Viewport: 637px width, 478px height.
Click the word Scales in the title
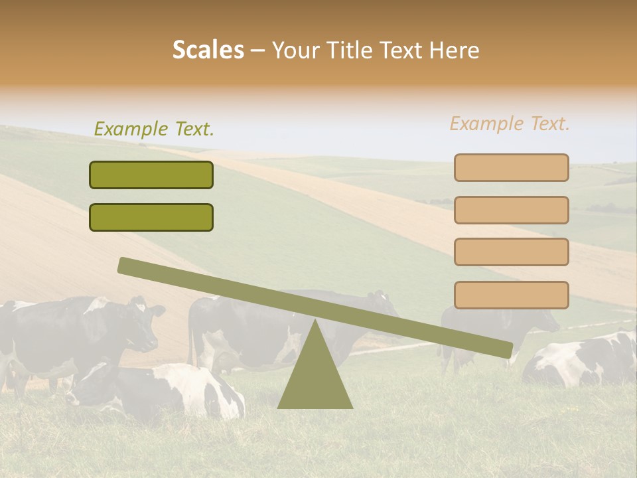click(x=208, y=50)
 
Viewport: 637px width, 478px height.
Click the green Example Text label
click(x=154, y=129)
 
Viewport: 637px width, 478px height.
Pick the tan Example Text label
click(x=510, y=123)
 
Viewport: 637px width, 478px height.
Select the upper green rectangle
click(x=151, y=175)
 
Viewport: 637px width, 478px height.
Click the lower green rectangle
click(x=151, y=217)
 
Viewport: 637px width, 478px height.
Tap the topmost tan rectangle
click(x=511, y=167)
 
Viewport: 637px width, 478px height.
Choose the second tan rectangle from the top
click(x=511, y=210)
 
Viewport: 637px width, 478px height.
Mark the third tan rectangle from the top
click(x=511, y=252)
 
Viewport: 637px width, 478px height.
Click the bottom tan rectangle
click(x=511, y=295)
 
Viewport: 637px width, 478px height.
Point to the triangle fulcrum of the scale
click(x=315, y=375)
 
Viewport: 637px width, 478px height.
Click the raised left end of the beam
click(x=126, y=266)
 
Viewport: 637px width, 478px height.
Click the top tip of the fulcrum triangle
click(x=315, y=321)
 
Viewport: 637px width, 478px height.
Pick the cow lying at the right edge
click(x=584, y=362)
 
